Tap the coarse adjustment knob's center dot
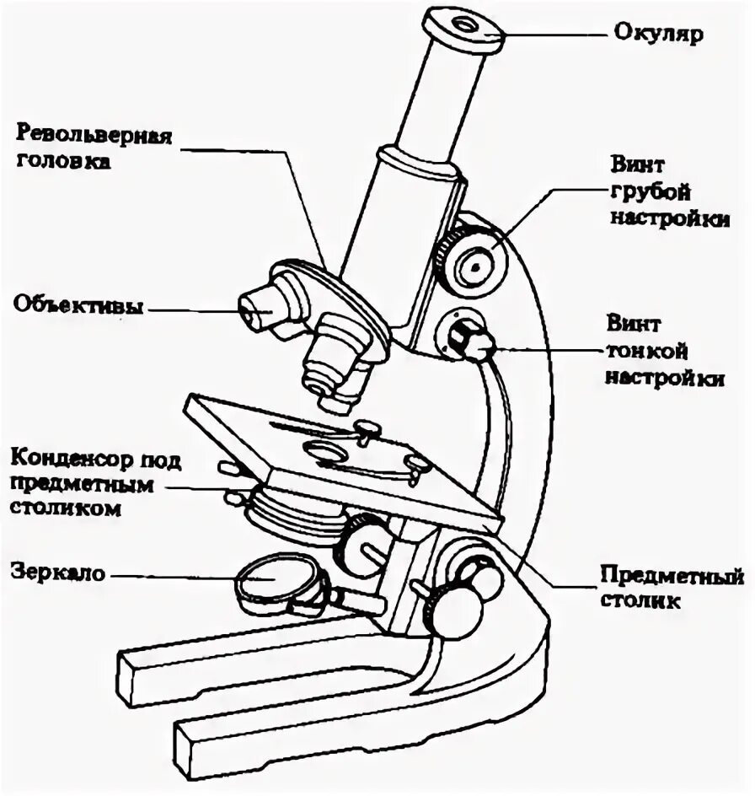(x=475, y=266)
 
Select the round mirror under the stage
(x=269, y=584)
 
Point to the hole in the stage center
(x=323, y=451)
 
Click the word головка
(x=63, y=161)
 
